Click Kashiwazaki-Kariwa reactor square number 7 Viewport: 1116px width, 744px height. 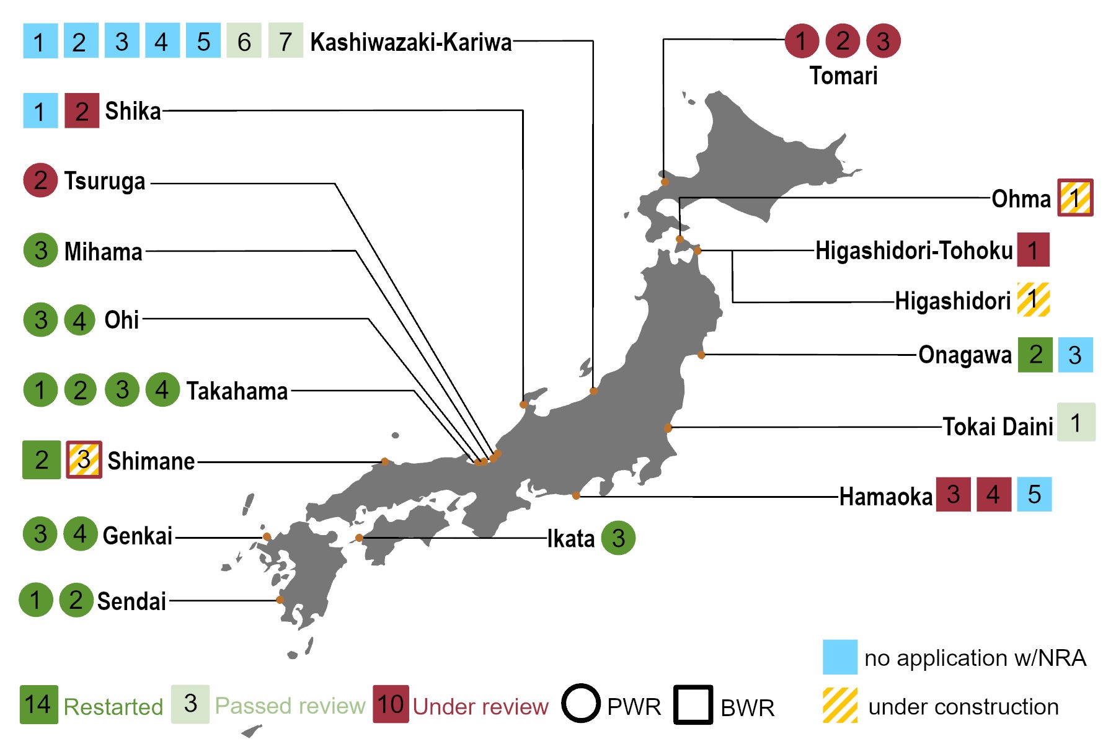click(x=285, y=41)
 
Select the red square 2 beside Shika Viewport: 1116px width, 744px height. click(x=82, y=111)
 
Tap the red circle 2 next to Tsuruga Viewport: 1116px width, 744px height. click(x=40, y=180)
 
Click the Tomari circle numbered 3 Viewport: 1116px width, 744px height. click(x=883, y=41)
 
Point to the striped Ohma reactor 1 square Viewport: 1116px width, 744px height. click(x=1075, y=198)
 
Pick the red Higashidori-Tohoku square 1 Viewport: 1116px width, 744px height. click(x=1033, y=250)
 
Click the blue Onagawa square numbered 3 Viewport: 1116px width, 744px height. click(x=1075, y=355)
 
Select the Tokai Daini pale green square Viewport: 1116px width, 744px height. click(x=1076, y=422)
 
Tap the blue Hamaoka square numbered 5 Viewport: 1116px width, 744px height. click(x=1034, y=494)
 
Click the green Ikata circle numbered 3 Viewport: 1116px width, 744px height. click(x=618, y=538)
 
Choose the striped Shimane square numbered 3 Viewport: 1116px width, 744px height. click(x=84, y=459)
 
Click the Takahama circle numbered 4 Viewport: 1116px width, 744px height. click(x=162, y=389)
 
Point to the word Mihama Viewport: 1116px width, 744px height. click(x=104, y=252)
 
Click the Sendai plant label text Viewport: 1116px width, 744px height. click(x=131, y=601)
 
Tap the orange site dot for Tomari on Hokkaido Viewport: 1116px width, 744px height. click(x=665, y=182)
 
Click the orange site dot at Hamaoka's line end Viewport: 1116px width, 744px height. click(x=576, y=495)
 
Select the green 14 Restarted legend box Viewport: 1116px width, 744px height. click(x=38, y=704)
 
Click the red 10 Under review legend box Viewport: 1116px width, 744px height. click(x=391, y=704)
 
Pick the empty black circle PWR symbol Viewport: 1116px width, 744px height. click(x=581, y=704)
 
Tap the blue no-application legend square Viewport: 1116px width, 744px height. click(x=839, y=657)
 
